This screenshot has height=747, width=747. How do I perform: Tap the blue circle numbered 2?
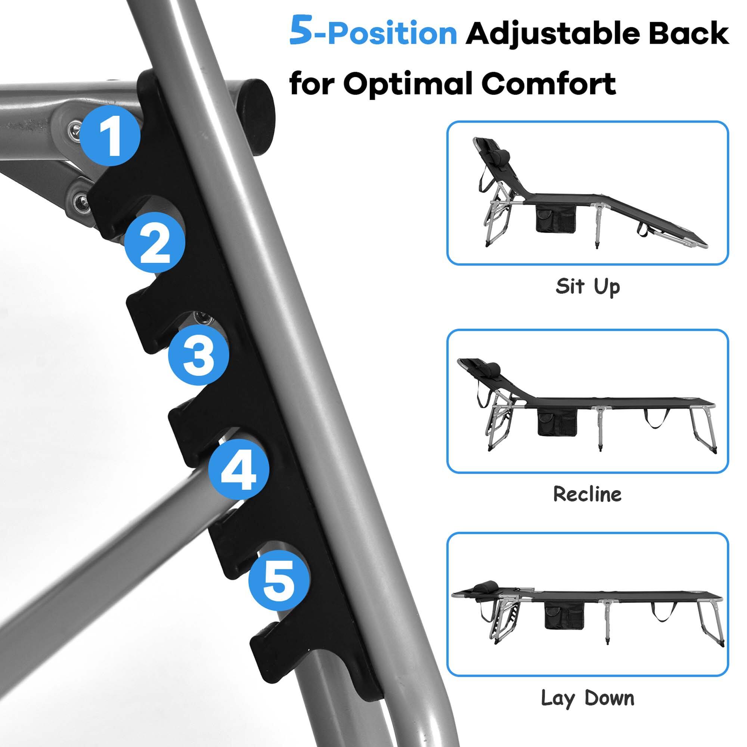coord(155,244)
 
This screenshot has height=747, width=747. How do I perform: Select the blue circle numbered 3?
coord(198,355)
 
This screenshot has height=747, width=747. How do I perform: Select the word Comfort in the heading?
coord(549,83)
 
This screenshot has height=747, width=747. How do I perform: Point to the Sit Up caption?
coord(587,286)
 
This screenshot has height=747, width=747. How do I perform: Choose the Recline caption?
coord(587,494)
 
